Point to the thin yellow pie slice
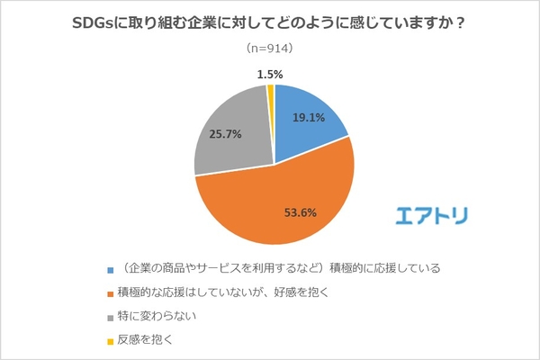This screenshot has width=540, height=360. (271, 90)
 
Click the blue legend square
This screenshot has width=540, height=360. (110, 269)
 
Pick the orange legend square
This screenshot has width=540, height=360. (110, 293)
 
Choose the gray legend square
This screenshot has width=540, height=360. (110, 317)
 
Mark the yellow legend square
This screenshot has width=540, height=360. (110, 341)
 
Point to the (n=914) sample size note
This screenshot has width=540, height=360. (270, 48)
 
